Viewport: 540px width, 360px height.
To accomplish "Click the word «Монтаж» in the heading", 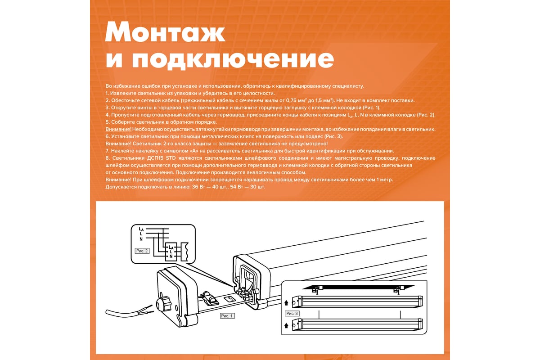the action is tap(165, 32).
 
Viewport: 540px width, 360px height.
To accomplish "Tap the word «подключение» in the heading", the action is tap(233, 59).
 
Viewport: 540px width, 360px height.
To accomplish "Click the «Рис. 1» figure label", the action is tap(227, 316).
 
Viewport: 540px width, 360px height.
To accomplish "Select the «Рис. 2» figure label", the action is tap(142, 251).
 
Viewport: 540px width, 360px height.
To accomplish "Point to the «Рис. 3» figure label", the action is tap(292, 314).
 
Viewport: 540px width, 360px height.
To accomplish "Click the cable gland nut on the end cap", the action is tap(163, 304).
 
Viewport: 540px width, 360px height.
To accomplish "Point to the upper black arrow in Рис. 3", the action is tap(286, 303).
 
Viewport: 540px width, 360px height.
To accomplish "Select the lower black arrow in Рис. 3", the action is tap(286, 325).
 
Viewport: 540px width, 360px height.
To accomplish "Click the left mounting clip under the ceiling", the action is tap(317, 290).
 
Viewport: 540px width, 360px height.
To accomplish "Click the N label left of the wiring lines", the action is tap(141, 239).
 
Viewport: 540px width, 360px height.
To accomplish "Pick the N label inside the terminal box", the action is tap(171, 256).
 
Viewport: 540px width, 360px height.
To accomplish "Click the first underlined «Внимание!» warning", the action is tap(118, 130).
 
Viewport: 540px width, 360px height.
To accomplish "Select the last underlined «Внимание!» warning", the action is tap(118, 180).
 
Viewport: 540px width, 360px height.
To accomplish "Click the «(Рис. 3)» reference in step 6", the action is tap(333, 136).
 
